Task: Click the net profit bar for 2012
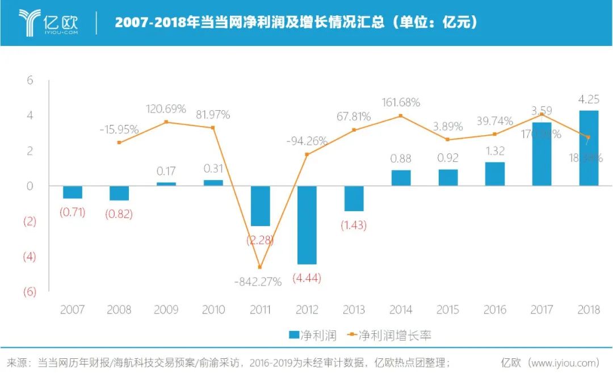tap(306, 225)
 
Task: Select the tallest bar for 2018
tap(589, 148)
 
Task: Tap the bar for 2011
tap(260, 206)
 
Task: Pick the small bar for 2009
tap(166, 183)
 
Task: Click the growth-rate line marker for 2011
tap(260, 267)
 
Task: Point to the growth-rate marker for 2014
tap(401, 116)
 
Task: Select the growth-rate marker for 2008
tap(119, 143)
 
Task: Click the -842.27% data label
tap(258, 282)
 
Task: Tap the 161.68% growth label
tap(401, 103)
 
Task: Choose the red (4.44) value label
tap(306, 278)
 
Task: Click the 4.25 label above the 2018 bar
tap(588, 99)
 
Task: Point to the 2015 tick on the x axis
tap(448, 310)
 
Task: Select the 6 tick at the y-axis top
tap(30, 81)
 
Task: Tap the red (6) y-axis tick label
tap(29, 292)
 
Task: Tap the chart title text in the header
tap(295, 23)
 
